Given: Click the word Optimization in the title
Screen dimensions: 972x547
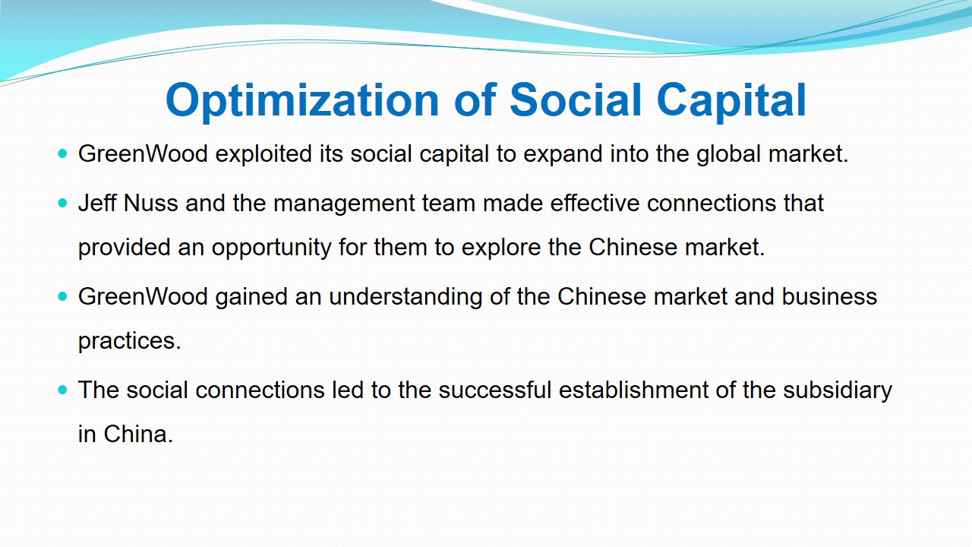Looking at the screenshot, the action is point(302,101).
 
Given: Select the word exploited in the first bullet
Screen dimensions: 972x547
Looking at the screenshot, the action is point(264,153).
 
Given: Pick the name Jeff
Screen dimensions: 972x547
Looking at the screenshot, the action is point(98,203).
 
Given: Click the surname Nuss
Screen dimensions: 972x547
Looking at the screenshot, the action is point(150,203).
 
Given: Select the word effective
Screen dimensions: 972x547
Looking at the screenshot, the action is point(595,203).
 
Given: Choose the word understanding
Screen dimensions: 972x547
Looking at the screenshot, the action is point(406,297).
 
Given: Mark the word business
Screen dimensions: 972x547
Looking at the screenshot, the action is point(829,296).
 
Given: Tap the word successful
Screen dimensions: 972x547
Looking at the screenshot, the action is point(494,390).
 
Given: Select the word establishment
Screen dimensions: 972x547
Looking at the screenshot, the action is point(633,390).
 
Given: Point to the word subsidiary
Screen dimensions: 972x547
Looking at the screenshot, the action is point(838,390).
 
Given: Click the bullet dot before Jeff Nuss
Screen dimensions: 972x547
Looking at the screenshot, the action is point(63,203).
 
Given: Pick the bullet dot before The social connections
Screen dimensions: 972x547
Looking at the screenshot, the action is point(63,390).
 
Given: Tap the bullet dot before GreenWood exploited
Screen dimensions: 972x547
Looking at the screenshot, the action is point(63,153).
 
